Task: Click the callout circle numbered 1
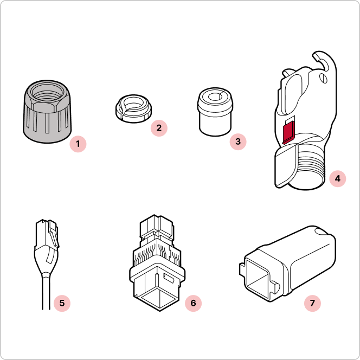tap(78, 144)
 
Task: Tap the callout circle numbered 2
tap(159, 128)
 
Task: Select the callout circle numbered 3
tap(238, 142)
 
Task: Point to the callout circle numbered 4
tap(337, 178)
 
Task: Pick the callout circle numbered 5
tap(62, 303)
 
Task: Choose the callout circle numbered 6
tap(194, 303)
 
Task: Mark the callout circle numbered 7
tap(312, 303)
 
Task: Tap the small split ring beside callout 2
tap(133, 108)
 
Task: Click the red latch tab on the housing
tap(288, 133)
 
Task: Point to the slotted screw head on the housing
tap(323, 78)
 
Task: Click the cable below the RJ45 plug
tap(46, 291)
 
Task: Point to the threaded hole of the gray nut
tap(47, 93)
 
